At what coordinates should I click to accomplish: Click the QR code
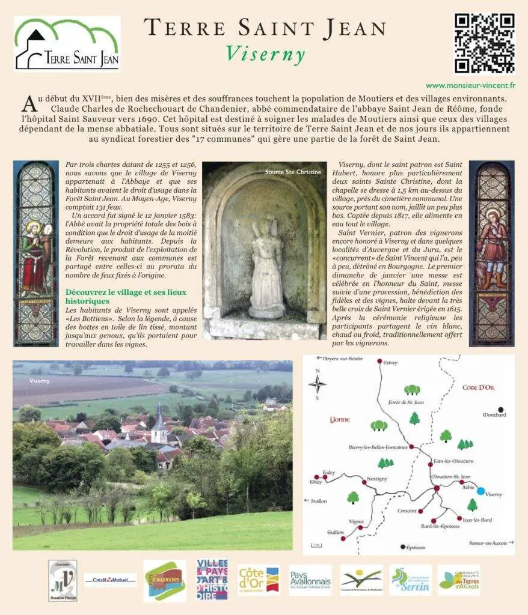483,43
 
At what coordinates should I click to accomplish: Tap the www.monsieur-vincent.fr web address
471,86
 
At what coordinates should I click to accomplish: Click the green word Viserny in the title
265,55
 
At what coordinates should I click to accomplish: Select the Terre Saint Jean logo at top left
67,44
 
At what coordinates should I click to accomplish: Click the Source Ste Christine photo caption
293,172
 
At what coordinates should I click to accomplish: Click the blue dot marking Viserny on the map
480,491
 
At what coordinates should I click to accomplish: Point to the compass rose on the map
318,384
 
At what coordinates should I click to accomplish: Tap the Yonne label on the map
340,420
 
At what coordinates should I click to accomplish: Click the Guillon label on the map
335,532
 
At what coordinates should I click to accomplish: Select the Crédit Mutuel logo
110,580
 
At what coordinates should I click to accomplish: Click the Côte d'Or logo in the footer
258,580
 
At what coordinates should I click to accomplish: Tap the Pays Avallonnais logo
310,580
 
